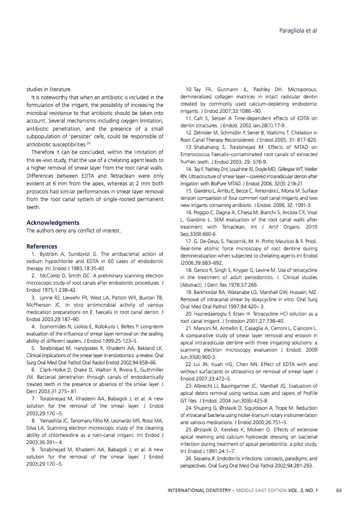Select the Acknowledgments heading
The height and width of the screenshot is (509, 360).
click(53, 223)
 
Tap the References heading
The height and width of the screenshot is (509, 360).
click(42, 246)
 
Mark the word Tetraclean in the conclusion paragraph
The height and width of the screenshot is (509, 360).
click(113, 176)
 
